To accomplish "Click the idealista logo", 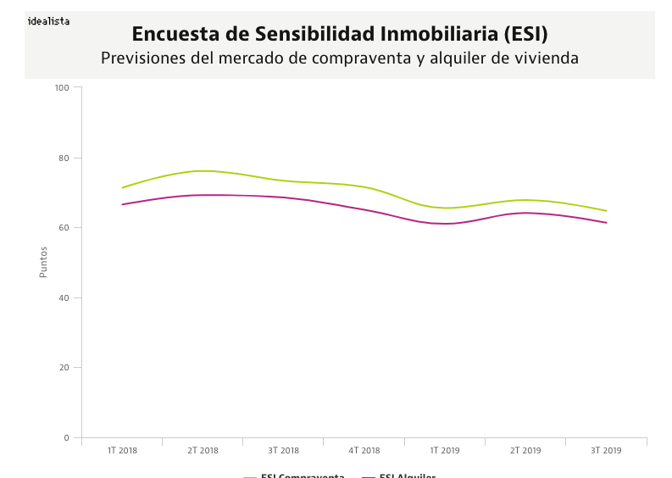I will click(48, 21).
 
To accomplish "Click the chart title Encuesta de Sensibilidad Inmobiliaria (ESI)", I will click(340, 34).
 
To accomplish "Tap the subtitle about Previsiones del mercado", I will click(340, 58).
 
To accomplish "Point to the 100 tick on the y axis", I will click(61, 87).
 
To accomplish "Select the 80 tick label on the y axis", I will click(64, 158).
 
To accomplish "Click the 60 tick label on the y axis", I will click(64, 228).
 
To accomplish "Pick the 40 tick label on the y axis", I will click(64, 297).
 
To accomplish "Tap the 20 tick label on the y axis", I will click(64, 368).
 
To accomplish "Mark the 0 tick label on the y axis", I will click(66, 438).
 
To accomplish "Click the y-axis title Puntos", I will click(44, 262).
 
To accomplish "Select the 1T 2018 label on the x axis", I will click(122, 451).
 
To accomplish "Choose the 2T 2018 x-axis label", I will click(203, 451).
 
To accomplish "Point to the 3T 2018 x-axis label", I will click(283, 451).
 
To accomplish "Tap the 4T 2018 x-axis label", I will click(364, 451).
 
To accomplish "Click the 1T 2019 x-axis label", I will click(445, 451).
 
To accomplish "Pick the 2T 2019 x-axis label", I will click(525, 451).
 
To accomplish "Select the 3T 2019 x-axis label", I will click(606, 451).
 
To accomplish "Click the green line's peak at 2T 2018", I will click(203, 171).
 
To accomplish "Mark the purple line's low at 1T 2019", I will click(446, 224).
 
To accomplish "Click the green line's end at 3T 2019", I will click(606, 211).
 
